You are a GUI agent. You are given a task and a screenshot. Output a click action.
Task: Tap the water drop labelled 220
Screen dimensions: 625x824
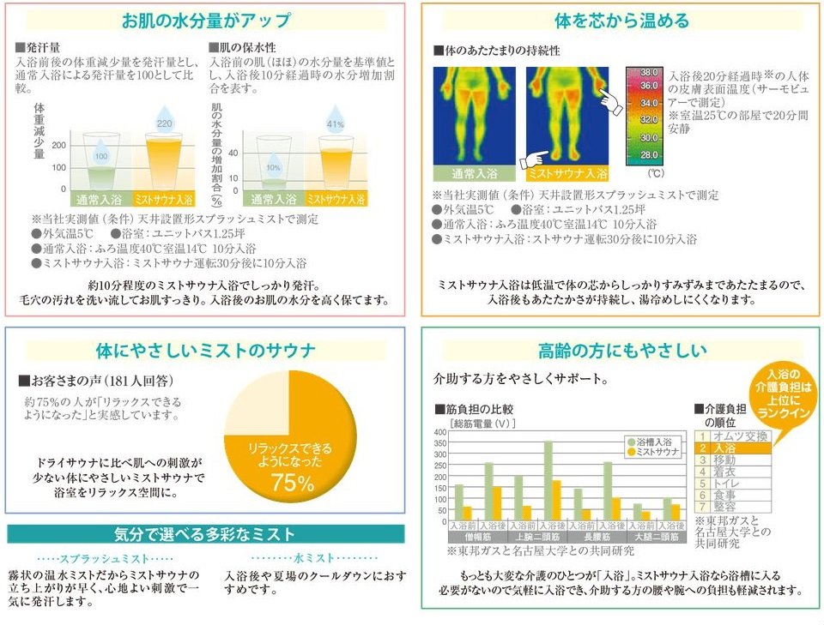click(x=164, y=123)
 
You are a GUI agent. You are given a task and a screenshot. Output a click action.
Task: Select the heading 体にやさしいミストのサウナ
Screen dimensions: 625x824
click(x=205, y=350)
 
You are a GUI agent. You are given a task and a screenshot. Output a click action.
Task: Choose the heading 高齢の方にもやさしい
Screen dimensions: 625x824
click(x=622, y=350)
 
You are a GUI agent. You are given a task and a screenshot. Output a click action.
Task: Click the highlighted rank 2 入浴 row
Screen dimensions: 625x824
click(x=732, y=448)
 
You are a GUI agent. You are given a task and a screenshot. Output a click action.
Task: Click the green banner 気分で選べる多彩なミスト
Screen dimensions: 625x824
click(x=205, y=535)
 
